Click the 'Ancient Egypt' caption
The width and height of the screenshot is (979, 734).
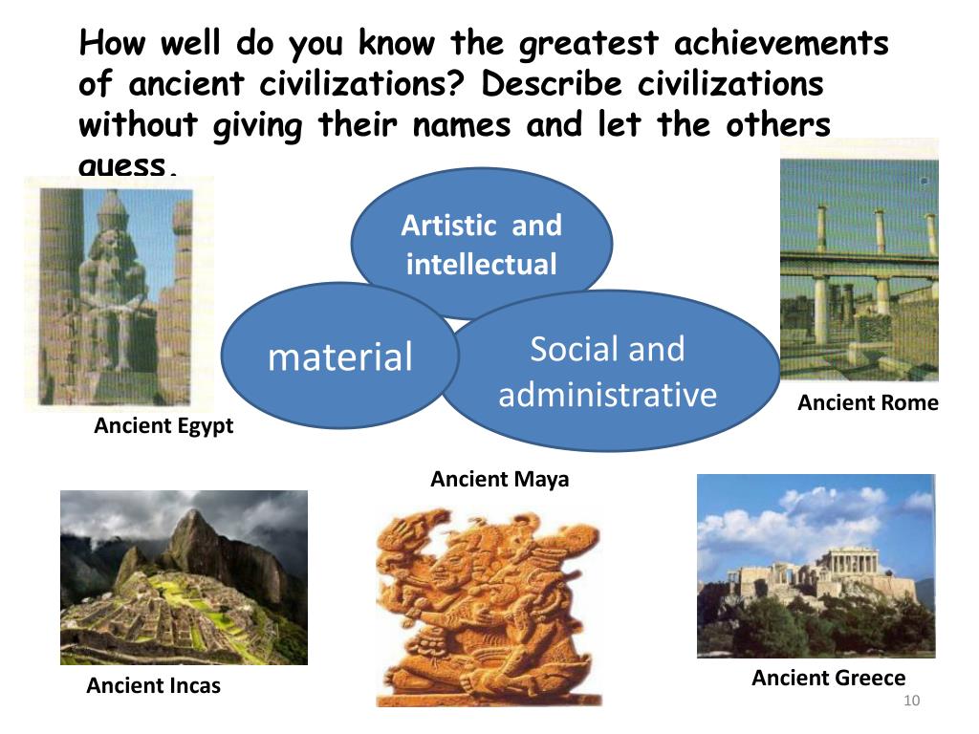point(163,426)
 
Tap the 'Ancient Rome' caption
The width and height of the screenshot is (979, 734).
point(868,403)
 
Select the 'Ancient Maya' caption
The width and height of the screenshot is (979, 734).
point(499,479)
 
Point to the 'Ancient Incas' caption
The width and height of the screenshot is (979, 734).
point(153,685)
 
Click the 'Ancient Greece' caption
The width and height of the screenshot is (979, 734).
point(828,679)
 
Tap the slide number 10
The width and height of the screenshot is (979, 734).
point(910,702)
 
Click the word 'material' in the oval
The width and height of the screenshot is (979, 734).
point(339,356)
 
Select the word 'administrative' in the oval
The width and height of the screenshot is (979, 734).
point(607,394)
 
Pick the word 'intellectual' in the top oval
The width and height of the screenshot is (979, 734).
point(481,264)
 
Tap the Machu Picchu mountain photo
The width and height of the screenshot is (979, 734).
point(184,577)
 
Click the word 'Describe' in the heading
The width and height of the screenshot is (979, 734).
point(554,84)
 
